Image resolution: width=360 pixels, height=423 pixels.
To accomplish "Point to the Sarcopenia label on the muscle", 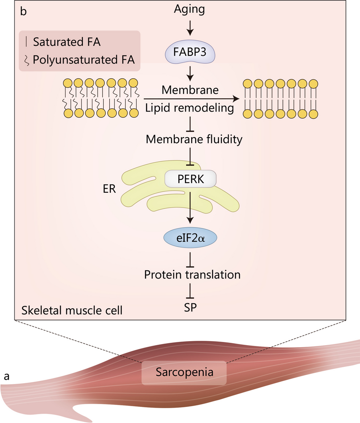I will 184,372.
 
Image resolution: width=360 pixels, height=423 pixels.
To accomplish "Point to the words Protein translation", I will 192,275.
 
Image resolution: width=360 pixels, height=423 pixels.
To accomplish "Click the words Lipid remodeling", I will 190,108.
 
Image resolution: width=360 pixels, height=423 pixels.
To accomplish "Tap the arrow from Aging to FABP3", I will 191,27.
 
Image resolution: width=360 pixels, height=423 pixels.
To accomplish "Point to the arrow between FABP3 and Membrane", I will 191,74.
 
